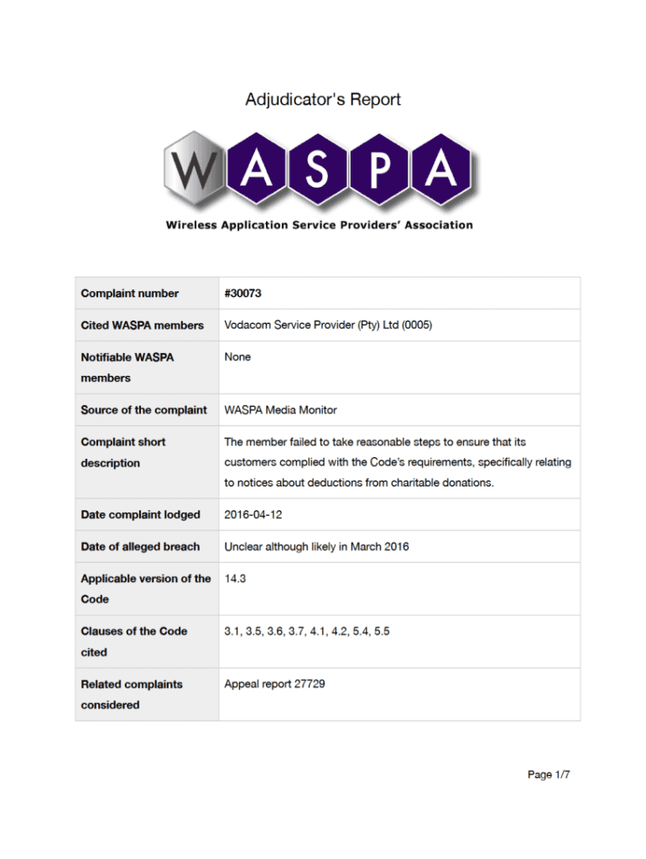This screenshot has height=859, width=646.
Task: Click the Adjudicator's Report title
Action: click(323, 100)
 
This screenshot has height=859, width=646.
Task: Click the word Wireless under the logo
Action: click(193, 225)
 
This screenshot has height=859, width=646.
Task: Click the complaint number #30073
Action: click(248, 294)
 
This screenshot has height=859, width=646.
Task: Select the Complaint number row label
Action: click(130, 294)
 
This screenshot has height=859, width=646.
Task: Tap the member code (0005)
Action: click(417, 325)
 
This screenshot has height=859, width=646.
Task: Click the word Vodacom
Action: click(250, 325)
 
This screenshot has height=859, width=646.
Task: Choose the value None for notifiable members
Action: click(237, 357)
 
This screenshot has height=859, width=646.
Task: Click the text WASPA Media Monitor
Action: click(280, 410)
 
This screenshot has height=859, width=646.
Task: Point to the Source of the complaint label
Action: click(143, 410)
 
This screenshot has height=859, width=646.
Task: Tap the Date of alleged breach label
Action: click(140, 547)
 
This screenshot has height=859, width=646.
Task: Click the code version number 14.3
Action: click(235, 579)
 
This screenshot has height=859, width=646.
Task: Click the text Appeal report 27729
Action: click(274, 685)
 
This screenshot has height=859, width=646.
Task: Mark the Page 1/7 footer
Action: click(549, 775)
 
